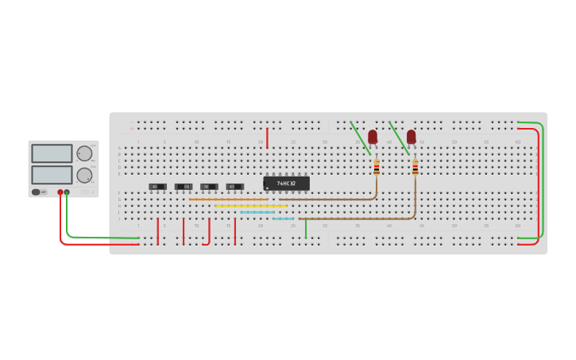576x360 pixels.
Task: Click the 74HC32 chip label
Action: coord(286,184)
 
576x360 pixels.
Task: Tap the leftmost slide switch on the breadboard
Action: coord(157,187)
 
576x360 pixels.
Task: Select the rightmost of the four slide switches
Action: coord(234,187)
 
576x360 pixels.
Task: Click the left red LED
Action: coord(372,136)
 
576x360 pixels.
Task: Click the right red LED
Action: coord(411,136)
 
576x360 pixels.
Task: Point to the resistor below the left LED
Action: coord(377,168)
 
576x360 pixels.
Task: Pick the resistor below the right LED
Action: coord(415,168)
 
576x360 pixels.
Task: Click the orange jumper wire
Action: coord(228,199)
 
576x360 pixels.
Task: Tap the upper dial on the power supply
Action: coord(83,153)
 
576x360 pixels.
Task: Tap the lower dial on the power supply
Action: coord(83,175)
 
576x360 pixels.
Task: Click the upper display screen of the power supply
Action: coord(52,153)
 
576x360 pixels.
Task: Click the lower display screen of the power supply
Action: coord(52,174)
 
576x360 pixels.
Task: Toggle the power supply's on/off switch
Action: coord(37,192)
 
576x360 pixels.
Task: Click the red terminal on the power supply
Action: coord(60,192)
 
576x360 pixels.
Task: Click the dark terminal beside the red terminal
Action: coord(67,192)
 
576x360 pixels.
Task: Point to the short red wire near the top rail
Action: coord(267,137)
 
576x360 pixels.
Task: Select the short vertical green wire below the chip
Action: coord(306,228)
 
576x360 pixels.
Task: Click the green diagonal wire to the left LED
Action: coord(359,137)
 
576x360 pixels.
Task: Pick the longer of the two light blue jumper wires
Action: coord(257,212)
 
